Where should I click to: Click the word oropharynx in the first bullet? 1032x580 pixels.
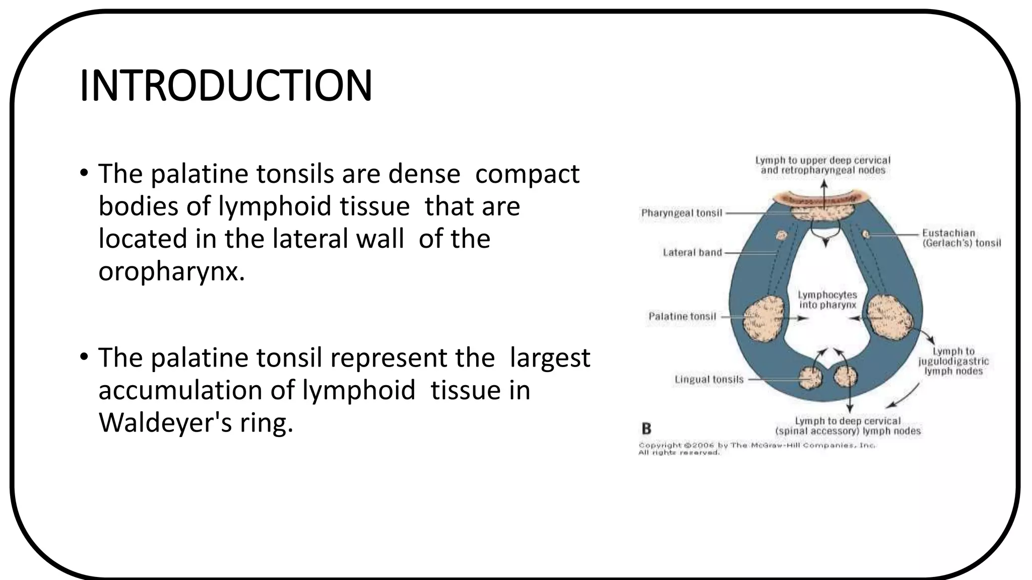pyautogui.click(x=171, y=272)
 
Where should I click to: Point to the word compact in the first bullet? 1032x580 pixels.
pyautogui.click(x=527, y=174)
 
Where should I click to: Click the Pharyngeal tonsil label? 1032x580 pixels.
pyautogui.click(x=681, y=213)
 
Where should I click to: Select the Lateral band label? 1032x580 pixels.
pyautogui.click(x=692, y=252)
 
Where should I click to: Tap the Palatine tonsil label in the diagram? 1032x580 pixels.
pyautogui.click(x=682, y=316)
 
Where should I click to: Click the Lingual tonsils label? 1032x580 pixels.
pyautogui.click(x=708, y=380)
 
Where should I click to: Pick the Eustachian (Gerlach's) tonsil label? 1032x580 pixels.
pyautogui.click(x=960, y=238)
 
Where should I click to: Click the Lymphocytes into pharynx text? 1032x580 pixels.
pyautogui.click(x=827, y=300)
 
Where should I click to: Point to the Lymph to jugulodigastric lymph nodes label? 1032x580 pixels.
pyautogui.click(x=953, y=361)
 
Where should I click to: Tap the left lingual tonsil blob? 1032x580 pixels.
pyautogui.click(x=811, y=377)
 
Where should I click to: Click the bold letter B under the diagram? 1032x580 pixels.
pyautogui.click(x=647, y=429)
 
